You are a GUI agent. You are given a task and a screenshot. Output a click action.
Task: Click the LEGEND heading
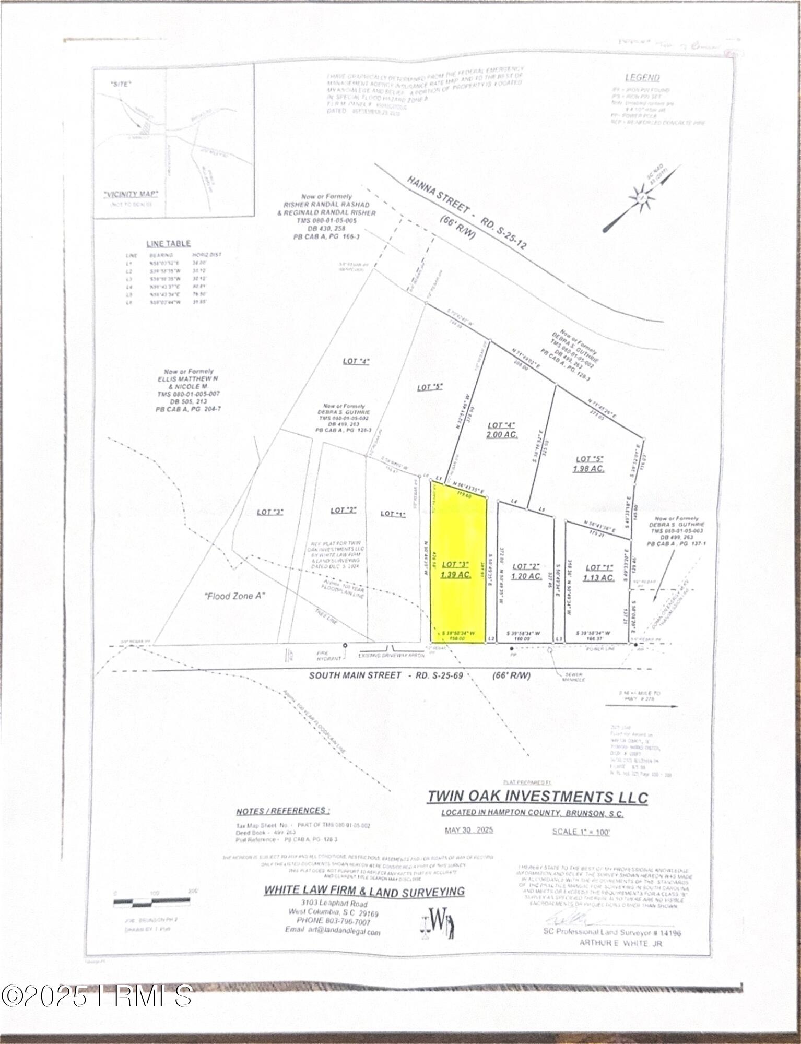pos(643,78)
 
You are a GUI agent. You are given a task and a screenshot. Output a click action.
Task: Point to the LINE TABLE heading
pos(168,243)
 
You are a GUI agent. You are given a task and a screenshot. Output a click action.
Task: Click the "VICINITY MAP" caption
pos(131,195)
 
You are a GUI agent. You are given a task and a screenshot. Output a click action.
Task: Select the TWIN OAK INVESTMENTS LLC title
pos(537,797)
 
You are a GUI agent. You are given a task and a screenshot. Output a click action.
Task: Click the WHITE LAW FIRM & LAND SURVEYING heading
pos(364,891)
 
